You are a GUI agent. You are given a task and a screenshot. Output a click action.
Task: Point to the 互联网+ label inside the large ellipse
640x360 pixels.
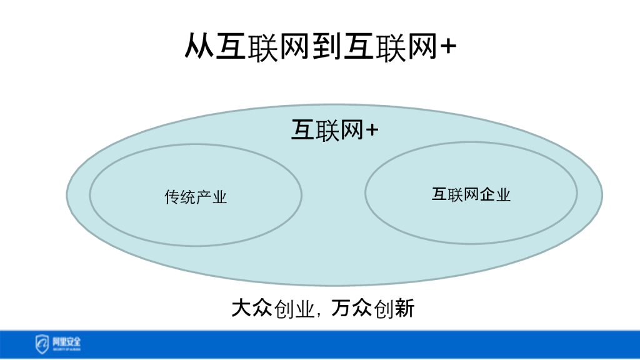pos(335,131)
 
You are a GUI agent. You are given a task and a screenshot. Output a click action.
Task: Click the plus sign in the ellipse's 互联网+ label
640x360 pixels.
pos(372,131)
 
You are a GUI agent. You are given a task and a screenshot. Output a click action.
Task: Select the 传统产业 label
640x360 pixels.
pos(196,197)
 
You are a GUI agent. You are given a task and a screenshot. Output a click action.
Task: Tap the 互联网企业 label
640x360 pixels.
pos(471,194)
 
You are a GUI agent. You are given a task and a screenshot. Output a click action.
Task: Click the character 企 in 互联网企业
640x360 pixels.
pos(487,194)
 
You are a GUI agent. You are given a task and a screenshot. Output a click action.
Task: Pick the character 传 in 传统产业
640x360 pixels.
pos(172,197)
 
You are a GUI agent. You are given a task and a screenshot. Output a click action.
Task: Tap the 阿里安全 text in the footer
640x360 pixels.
pos(66,341)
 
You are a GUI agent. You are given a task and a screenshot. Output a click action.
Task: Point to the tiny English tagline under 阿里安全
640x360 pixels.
pos(66,348)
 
